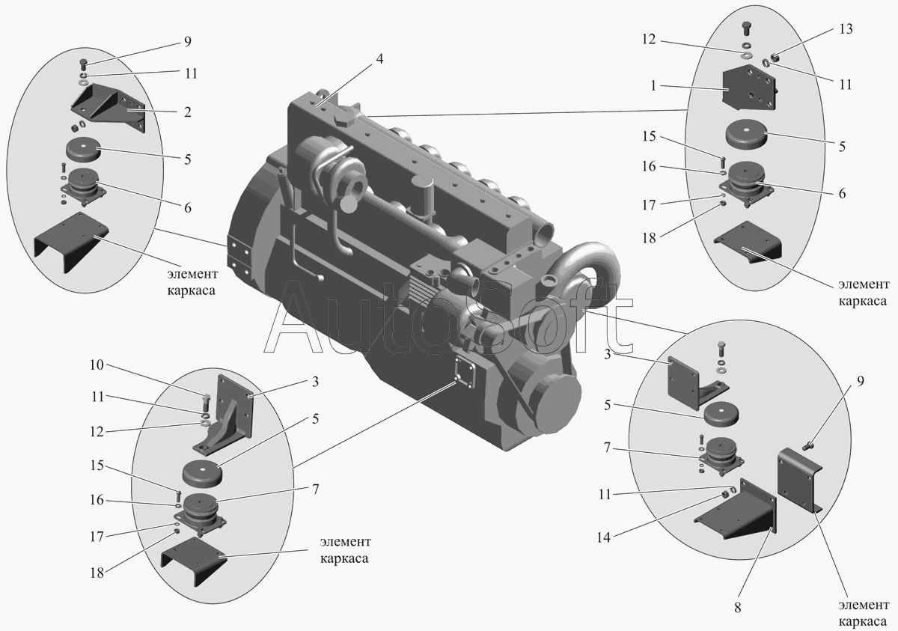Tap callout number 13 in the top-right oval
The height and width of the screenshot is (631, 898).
(846, 30)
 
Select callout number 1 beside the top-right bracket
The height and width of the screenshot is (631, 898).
(653, 86)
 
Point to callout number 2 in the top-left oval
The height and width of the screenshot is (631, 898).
(188, 112)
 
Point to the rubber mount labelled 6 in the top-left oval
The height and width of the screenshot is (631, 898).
(83, 186)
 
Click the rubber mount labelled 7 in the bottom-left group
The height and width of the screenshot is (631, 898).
(201, 512)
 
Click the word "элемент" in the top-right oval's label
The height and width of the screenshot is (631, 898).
(864, 284)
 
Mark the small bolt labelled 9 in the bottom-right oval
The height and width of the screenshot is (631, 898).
(808, 446)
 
